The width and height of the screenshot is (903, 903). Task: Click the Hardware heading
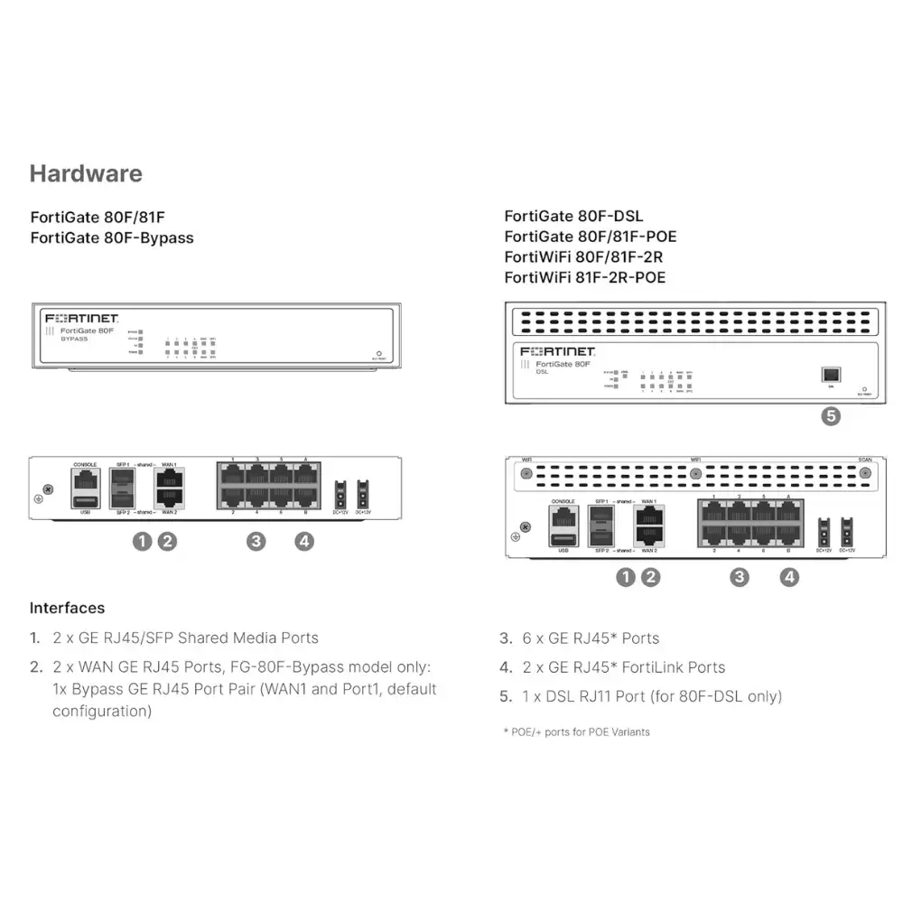click(86, 173)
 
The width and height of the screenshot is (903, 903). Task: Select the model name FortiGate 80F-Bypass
click(112, 237)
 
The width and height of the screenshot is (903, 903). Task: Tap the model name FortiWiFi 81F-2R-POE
click(584, 277)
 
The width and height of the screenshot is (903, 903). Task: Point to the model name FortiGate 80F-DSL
click(573, 216)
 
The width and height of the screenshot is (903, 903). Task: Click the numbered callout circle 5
click(830, 416)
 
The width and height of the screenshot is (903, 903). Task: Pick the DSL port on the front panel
click(830, 373)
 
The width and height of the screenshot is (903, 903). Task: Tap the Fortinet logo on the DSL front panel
click(557, 350)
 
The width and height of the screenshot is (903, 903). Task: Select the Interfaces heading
click(67, 608)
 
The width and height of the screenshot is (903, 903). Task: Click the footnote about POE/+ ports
click(576, 731)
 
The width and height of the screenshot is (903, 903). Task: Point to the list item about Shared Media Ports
click(185, 638)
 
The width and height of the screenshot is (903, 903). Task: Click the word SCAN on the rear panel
click(865, 459)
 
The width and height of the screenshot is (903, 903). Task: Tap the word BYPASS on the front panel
click(75, 339)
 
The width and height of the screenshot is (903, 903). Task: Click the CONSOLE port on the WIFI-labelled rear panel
click(563, 518)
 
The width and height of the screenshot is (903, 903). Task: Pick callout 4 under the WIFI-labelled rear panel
click(789, 577)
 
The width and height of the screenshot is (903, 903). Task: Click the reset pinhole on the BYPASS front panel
click(378, 354)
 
